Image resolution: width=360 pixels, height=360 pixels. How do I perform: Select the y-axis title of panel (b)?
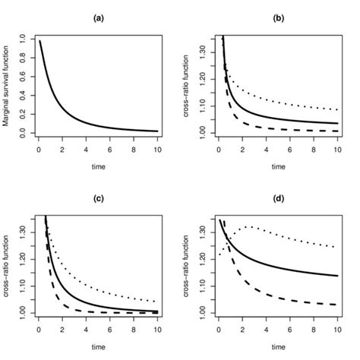pos(187,85)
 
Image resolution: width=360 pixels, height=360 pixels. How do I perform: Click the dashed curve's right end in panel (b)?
pos(337,131)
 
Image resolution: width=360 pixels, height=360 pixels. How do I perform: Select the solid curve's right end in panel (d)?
pos(337,275)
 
